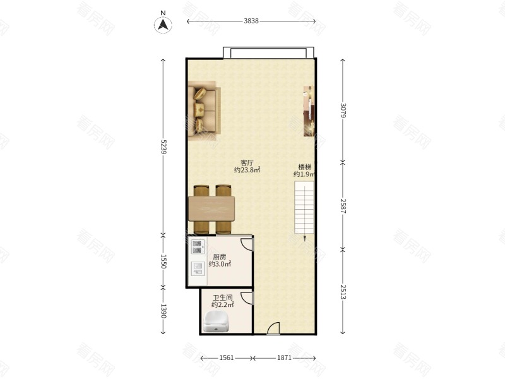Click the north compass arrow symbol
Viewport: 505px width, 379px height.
(163, 25)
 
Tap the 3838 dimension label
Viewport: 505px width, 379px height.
(251, 21)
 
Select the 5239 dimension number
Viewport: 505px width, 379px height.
(163, 147)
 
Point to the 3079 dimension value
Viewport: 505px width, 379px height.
(343, 110)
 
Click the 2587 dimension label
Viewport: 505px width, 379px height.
(343, 207)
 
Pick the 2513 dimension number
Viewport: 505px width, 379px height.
(343, 292)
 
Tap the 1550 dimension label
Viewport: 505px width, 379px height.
(163, 262)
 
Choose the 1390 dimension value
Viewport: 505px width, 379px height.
(163, 311)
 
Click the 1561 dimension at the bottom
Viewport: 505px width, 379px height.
(227, 358)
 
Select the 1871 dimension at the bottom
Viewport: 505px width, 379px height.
(284, 358)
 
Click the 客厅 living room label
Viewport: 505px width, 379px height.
(247, 163)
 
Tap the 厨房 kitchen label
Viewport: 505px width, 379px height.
(220, 257)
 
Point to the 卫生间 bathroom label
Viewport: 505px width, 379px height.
(222, 298)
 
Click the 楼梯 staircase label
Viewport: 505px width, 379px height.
(304, 167)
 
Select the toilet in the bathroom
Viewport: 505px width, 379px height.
(216, 322)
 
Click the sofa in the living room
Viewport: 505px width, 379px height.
(204, 111)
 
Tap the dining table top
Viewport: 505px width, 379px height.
(211, 209)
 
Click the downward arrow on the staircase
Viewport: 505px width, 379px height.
(304, 238)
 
